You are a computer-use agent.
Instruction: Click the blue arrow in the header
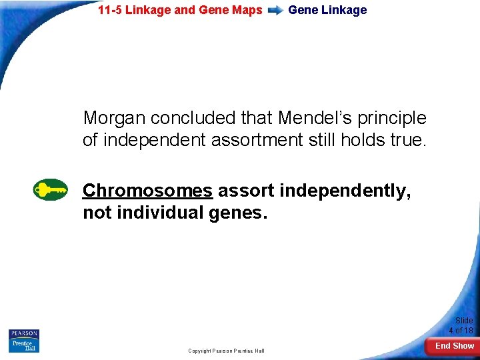pos(275,11)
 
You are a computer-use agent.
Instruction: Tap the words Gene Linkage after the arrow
pos(327,10)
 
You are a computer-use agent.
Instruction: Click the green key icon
pos(51,190)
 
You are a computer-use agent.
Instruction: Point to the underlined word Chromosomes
pos(147,191)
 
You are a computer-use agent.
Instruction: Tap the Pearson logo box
pos(24,333)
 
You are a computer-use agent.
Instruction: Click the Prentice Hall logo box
pos(24,346)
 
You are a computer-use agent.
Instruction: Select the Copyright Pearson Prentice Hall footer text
pos(226,351)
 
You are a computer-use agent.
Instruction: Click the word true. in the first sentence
pos(407,139)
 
